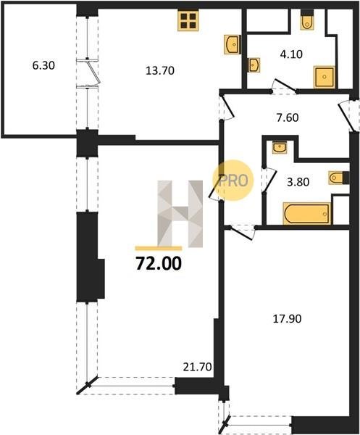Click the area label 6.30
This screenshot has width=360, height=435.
coord(43,66)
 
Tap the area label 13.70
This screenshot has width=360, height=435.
coord(160,71)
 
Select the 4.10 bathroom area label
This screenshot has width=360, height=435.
coord(291,54)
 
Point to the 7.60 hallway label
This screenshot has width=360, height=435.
coord(288,117)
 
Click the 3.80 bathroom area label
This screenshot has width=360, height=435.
coord(298,182)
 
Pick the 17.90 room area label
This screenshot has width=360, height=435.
coord(287,319)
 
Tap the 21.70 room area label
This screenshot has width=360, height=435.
coord(197,367)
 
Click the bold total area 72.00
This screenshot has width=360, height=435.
coord(159,263)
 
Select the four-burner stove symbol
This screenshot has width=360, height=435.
coord(188,21)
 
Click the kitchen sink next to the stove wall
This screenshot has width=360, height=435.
coord(233,44)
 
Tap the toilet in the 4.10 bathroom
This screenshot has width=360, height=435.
coord(306,20)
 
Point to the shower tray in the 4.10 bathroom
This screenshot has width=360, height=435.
coord(325,77)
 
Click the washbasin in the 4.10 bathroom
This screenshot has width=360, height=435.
coord(254,65)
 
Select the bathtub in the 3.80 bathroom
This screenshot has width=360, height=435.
coord(307,214)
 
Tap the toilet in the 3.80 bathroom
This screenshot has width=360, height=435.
coord(339,178)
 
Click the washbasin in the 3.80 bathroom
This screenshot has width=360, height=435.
coord(280,147)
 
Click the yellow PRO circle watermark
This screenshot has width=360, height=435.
coord(233,181)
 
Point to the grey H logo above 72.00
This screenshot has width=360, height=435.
coord(180,214)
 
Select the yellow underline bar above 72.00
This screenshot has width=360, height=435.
coord(158,248)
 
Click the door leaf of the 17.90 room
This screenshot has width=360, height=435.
coord(240,234)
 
